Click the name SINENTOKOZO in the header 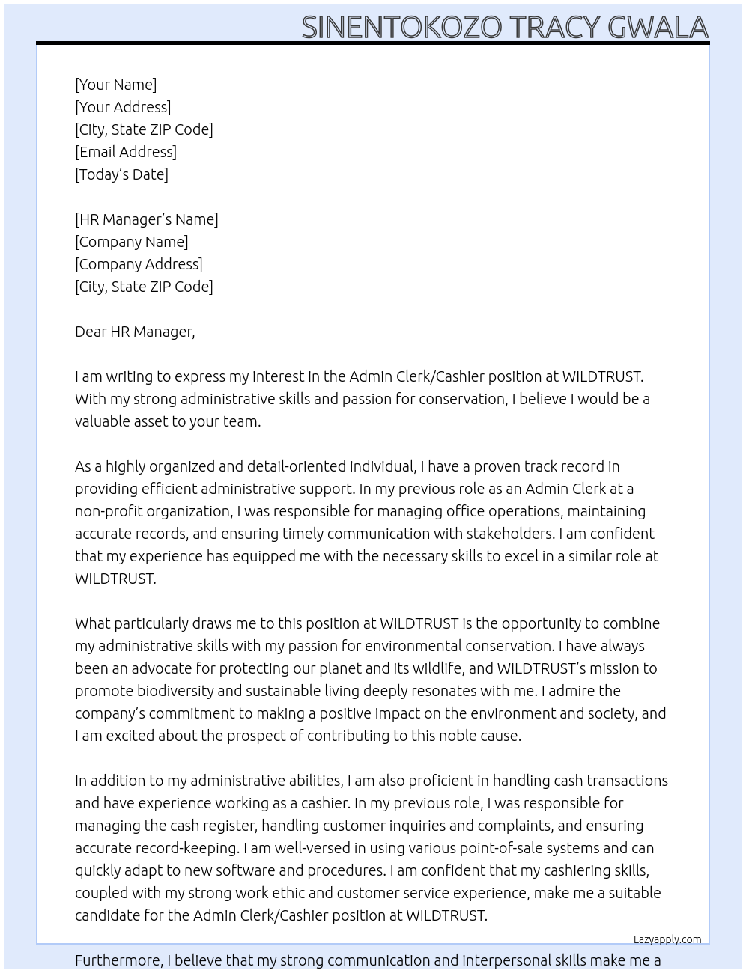click(401, 28)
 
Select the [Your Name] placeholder click(115, 85)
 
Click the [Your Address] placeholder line click(123, 107)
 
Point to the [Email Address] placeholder click(126, 152)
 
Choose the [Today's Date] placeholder click(121, 174)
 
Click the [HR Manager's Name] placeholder click(147, 219)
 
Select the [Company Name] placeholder click(132, 242)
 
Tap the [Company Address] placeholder click(139, 264)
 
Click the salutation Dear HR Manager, click(135, 332)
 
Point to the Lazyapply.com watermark click(667, 939)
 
